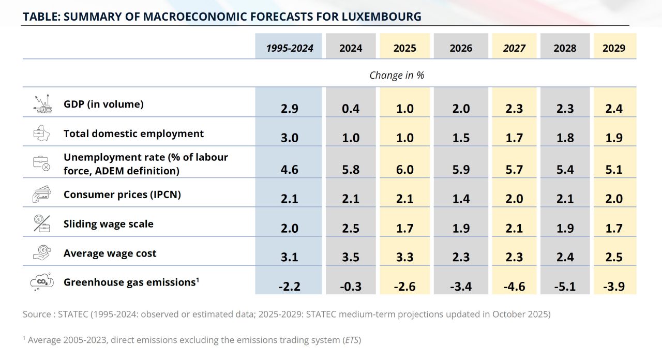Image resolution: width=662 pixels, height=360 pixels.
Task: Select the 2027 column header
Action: tap(514, 48)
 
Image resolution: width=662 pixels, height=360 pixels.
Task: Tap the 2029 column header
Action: tap(614, 48)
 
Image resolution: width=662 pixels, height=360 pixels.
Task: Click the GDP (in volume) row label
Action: tap(103, 104)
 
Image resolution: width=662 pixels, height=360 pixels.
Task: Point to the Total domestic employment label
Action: tap(133, 133)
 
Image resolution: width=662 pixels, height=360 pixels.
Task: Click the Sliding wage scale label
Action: tap(109, 224)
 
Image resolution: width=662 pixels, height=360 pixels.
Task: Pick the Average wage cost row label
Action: tap(110, 253)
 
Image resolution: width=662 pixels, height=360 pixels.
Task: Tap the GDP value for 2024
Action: tap(350, 109)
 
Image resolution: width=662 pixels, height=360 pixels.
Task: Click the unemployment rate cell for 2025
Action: tap(404, 169)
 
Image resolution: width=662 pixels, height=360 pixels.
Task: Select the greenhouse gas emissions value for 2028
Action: tap(564, 287)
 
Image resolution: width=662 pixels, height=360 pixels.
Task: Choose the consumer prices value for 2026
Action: tap(460, 199)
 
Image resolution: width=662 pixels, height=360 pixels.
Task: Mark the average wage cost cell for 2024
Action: tap(350, 257)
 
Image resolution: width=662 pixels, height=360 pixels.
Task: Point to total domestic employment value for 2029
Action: tap(614, 138)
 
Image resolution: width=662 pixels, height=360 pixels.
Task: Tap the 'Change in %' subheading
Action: tap(397, 76)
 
